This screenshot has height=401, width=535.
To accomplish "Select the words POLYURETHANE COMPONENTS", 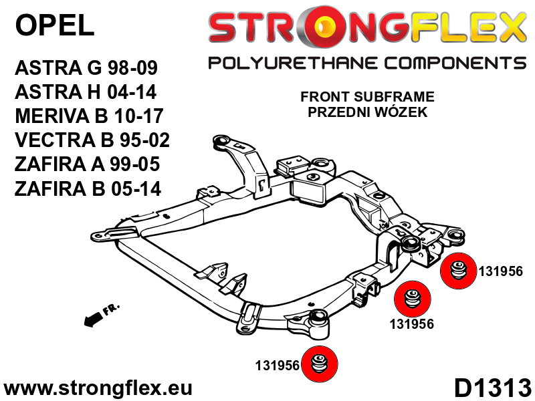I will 367,64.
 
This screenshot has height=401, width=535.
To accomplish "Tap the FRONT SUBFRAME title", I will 367,97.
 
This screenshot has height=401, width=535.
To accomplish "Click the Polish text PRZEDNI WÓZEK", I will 367,112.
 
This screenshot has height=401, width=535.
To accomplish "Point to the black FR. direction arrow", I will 100,315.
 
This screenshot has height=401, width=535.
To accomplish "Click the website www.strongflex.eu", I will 98,388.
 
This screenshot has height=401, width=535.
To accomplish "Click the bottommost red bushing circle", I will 319,365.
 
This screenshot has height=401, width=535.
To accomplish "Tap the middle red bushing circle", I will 410,299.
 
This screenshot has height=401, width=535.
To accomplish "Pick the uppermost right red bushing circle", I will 457,272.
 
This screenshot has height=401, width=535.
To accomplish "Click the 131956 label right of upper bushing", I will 500,271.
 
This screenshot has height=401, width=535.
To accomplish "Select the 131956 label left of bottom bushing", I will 277,366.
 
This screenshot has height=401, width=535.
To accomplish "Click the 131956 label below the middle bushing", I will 412,325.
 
